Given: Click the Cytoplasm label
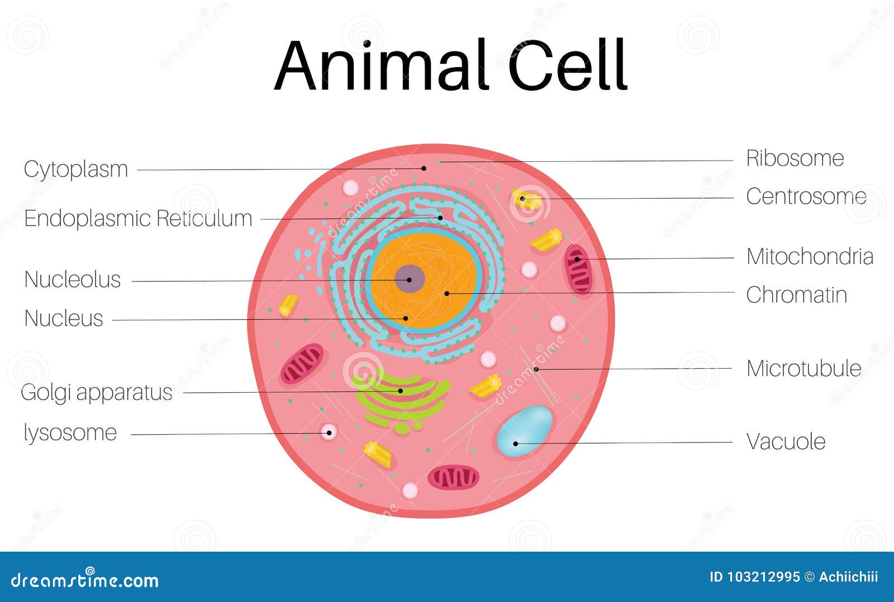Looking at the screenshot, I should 76,170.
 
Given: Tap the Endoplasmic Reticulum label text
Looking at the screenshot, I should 138,218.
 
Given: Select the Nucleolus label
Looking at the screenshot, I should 73,279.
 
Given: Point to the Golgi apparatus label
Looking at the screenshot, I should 96,392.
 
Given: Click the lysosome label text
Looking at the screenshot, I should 70,432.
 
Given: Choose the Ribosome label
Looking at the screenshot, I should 795,158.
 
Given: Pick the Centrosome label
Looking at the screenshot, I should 806,196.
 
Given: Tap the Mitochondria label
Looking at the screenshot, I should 810,257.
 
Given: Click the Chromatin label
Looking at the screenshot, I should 796,295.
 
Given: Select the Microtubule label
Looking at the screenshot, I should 803,369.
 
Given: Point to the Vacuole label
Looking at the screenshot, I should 786,441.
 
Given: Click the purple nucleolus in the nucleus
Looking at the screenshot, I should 410,279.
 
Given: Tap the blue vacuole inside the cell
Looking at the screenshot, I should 524,430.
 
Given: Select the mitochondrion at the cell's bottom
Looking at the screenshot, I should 453,477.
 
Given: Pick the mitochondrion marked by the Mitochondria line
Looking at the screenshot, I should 578,269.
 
